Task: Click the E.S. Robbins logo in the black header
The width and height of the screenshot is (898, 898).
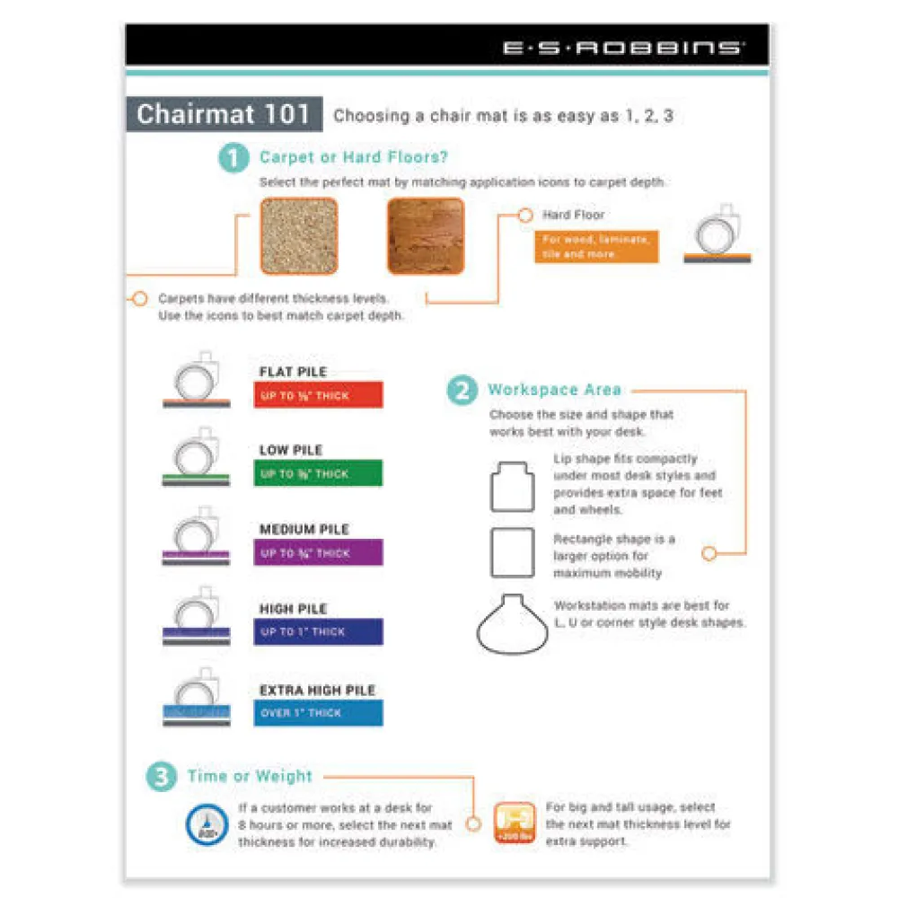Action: pyautogui.click(x=623, y=48)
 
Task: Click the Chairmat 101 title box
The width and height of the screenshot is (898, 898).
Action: pyautogui.click(x=224, y=114)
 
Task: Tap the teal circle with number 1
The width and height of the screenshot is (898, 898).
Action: pyautogui.click(x=233, y=159)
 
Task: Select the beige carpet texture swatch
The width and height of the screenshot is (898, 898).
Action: pyautogui.click(x=299, y=236)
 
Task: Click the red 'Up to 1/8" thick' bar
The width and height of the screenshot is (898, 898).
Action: pyautogui.click(x=318, y=395)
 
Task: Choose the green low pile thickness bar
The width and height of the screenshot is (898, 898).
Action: pyautogui.click(x=318, y=473)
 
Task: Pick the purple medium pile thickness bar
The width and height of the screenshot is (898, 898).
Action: pyautogui.click(x=318, y=552)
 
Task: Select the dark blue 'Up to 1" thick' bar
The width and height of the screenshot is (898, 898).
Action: pyautogui.click(x=318, y=631)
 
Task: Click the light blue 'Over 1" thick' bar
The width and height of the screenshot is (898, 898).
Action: pyautogui.click(x=318, y=712)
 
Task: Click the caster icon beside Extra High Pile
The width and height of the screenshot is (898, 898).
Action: pyautogui.click(x=197, y=700)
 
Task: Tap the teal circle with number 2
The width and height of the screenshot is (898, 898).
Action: pyautogui.click(x=462, y=391)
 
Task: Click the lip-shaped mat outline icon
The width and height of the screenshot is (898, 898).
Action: pyautogui.click(x=512, y=488)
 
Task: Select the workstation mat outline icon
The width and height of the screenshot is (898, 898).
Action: pyautogui.click(x=512, y=621)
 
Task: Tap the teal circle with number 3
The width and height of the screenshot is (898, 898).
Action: pyautogui.click(x=162, y=777)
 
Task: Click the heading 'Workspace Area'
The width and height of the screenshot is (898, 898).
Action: pyautogui.click(x=554, y=390)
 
